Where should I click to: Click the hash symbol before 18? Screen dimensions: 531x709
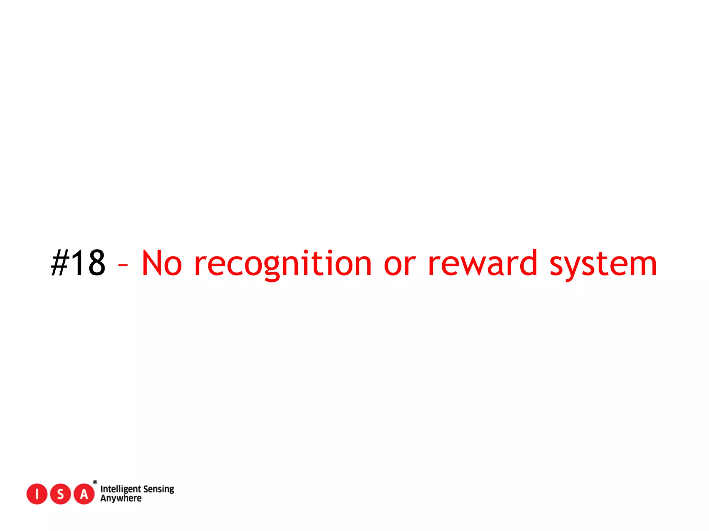pos(60,263)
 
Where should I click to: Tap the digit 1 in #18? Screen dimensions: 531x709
pos(78,263)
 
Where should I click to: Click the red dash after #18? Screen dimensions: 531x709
pos(123,265)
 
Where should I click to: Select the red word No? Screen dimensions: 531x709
pos(162,263)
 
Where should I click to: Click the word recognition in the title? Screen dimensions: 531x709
pos(283,264)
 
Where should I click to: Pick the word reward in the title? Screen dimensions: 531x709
pos(482,263)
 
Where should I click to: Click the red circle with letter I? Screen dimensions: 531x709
pos(37,494)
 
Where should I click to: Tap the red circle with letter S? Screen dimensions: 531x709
pos(60,494)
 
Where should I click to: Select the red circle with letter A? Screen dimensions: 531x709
pos(84,494)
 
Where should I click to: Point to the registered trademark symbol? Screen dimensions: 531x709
pos(95,482)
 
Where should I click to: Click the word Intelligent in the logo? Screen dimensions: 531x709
pos(120,489)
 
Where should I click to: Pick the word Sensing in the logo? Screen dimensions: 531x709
pos(159,489)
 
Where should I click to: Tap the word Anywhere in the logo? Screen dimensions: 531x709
pos(121,499)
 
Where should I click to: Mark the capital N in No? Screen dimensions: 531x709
pos(153,263)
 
